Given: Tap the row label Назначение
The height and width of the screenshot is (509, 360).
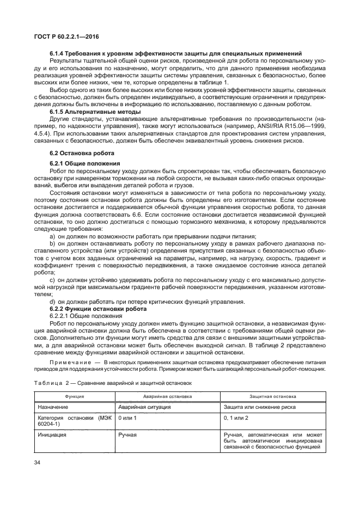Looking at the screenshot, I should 54,407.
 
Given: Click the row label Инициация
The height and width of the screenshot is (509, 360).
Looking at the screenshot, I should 52,436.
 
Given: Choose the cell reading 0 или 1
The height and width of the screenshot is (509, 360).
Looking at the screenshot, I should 127,418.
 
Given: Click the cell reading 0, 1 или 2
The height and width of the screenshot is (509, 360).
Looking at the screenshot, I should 236,418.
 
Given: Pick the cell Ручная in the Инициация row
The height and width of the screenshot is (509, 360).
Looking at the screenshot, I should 127,436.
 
